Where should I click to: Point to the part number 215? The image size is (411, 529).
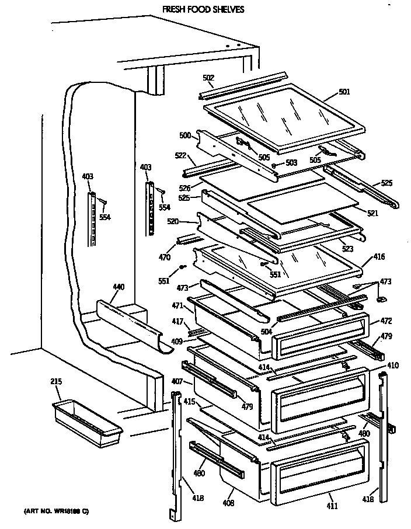point(56,382)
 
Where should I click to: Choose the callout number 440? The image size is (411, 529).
point(119,287)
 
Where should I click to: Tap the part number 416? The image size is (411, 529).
point(380,257)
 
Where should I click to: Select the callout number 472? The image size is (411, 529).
point(386,321)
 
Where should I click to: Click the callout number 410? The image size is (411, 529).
point(392,365)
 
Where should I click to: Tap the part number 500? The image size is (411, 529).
point(184,135)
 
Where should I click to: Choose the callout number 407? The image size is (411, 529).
point(177,382)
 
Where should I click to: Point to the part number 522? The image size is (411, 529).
point(180,156)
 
